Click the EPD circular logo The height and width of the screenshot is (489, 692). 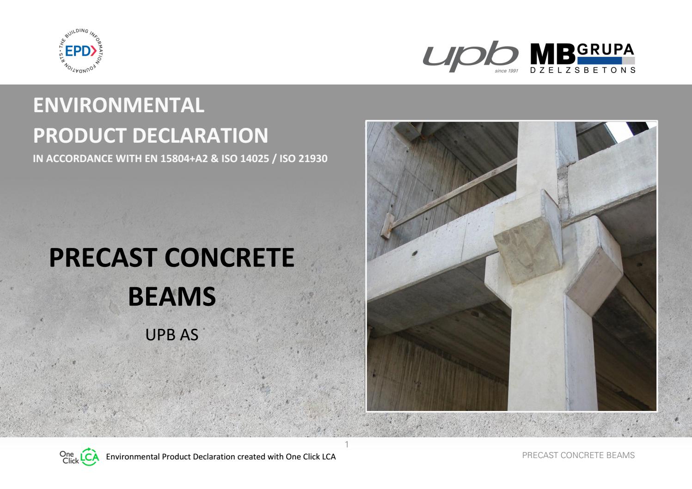(x=81, y=51)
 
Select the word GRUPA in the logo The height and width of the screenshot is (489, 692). (x=606, y=49)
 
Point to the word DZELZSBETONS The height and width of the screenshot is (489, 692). (x=583, y=70)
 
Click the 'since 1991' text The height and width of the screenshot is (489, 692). (x=506, y=71)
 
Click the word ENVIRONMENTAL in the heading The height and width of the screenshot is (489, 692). (x=118, y=105)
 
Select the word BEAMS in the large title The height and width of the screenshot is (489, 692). (x=171, y=296)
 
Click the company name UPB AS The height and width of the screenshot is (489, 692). (x=171, y=334)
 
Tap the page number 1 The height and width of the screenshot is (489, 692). (x=347, y=444)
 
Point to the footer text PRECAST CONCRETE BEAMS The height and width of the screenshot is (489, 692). (x=578, y=455)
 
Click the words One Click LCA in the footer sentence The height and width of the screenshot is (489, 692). (x=311, y=457)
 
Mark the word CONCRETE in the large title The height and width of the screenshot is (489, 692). (x=229, y=258)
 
